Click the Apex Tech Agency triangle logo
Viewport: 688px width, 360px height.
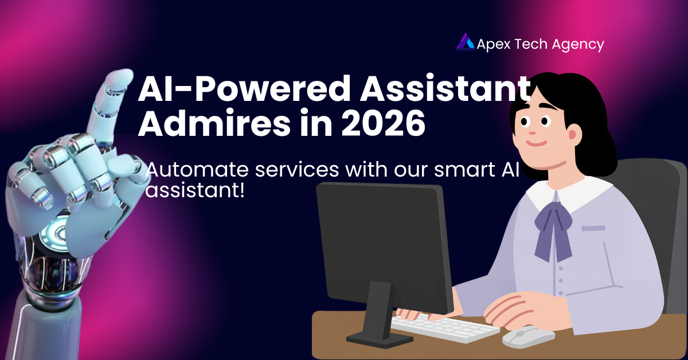(x=465, y=42)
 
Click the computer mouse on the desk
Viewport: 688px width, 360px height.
(x=528, y=336)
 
